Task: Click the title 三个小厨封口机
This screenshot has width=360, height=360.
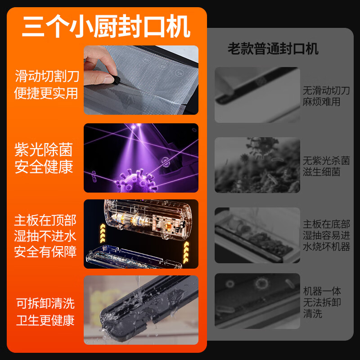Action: pos(106,27)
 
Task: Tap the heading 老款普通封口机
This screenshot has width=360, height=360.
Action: pos(273,49)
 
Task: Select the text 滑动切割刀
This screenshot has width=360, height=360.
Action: pos(47,76)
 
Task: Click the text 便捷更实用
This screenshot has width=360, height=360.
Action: pos(46,93)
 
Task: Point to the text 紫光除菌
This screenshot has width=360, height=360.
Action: pos(44,150)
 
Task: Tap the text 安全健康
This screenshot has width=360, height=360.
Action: pos(44,167)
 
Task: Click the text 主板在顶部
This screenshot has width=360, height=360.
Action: pos(45,220)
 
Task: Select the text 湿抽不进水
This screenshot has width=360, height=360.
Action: pos(45,236)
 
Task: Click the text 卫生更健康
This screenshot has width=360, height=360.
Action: pos(45,320)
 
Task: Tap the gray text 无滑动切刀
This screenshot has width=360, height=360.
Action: pos(326,90)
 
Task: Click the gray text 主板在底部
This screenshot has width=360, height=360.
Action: pos(326,224)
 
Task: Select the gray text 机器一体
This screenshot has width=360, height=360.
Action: pos(322,291)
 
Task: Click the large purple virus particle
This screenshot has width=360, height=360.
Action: pos(135,177)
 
